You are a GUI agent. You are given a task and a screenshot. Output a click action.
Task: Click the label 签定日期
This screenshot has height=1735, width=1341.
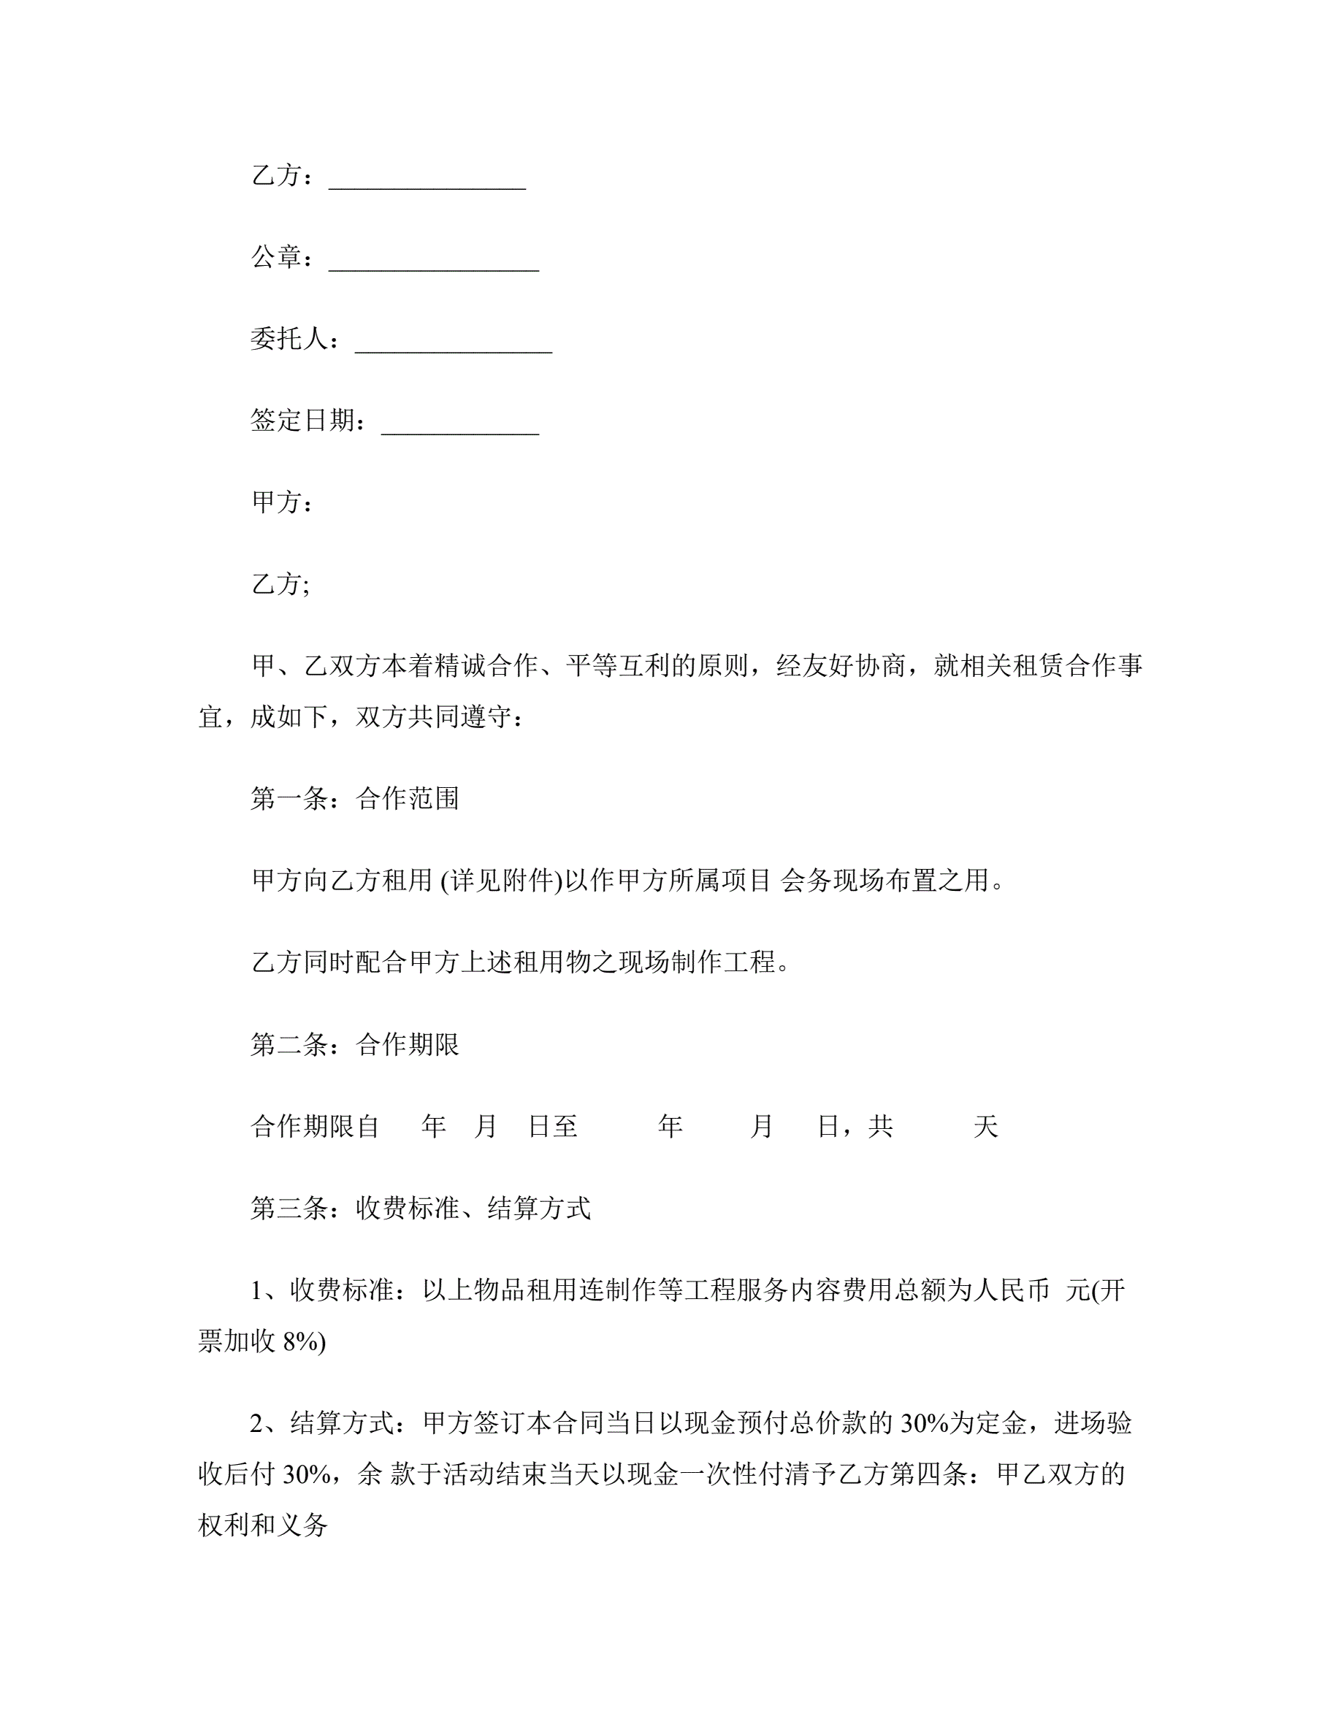click(x=302, y=421)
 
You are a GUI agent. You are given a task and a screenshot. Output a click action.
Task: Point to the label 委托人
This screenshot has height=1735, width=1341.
click(x=289, y=338)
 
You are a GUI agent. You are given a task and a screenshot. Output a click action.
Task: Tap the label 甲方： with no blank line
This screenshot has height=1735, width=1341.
click(x=282, y=502)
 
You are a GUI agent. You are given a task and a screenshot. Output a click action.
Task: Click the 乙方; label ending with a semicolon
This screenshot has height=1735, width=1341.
click(x=280, y=584)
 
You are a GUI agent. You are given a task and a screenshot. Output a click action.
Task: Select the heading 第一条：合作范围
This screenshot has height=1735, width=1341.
click(x=354, y=798)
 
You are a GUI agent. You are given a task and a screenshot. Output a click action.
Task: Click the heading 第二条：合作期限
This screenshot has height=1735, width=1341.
click(x=354, y=1044)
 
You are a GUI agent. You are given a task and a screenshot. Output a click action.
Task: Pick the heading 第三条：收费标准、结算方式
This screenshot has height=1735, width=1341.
click(x=420, y=1209)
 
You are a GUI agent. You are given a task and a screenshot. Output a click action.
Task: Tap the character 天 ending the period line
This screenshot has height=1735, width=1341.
click(x=985, y=1127)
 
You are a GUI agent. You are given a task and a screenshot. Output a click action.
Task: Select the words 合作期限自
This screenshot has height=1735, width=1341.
click(x=315, y=1127)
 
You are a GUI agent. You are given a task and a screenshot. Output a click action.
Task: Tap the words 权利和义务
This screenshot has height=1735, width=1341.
click(x=263, y=1525)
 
